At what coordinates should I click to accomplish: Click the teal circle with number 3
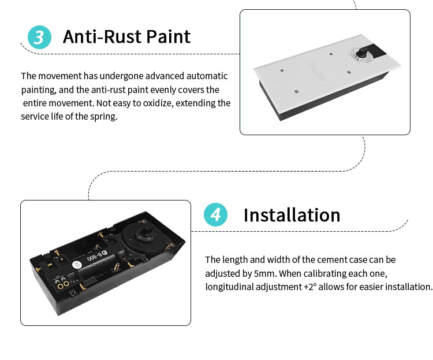click(39, 37)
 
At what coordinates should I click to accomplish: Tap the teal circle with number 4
click(216, 214)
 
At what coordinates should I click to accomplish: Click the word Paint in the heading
click(168, 36)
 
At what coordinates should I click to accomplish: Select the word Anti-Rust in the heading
click(102, 36)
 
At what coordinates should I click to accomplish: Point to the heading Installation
click(292, 215)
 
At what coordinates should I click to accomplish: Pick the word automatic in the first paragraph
click(207, 76)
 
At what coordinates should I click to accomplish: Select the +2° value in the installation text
click(311, 287)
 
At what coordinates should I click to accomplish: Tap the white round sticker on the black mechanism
click(77, 265)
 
